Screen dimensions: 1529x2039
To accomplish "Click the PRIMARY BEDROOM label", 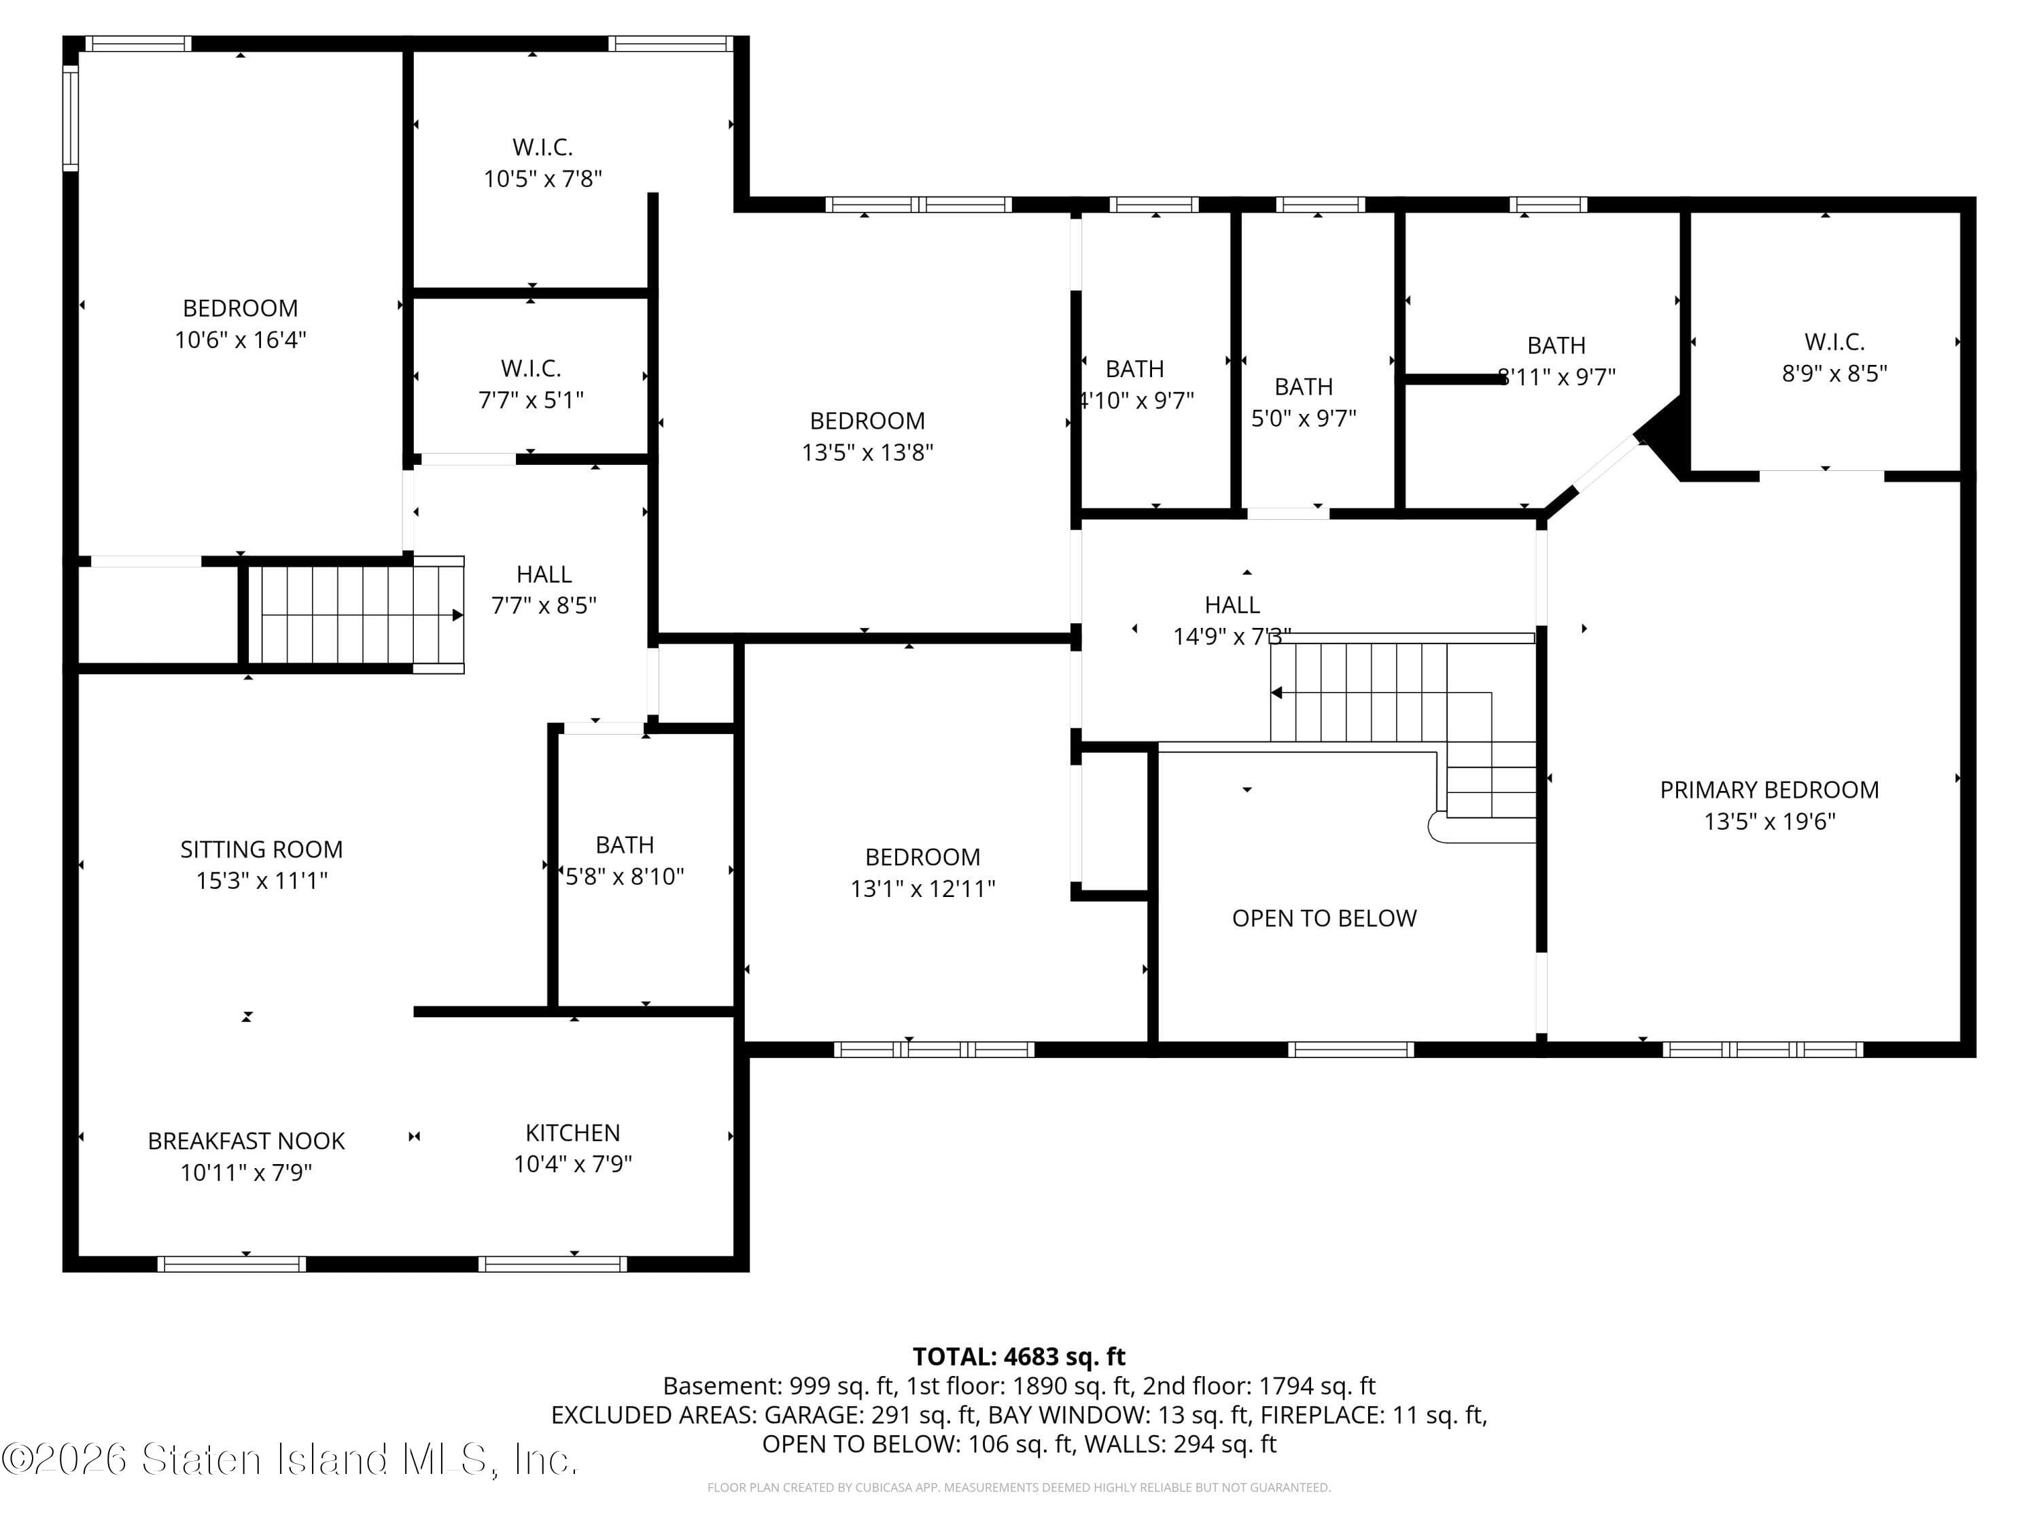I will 1769,790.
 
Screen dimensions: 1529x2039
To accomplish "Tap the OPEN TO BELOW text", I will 1324,918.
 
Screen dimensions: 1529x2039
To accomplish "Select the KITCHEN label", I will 572,1133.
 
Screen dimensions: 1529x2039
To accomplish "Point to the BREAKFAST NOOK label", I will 246,1141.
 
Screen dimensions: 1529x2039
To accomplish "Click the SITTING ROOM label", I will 261,849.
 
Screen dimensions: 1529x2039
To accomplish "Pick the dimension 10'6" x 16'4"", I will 241,340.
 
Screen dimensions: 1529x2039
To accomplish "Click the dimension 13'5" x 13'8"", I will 867,453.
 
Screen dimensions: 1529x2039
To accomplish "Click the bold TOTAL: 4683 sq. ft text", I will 1019,1356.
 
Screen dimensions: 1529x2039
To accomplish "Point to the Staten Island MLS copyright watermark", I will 290,1459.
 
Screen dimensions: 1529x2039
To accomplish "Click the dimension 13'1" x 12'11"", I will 923,888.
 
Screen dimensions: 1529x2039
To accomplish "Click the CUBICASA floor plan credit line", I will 1019,1488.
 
